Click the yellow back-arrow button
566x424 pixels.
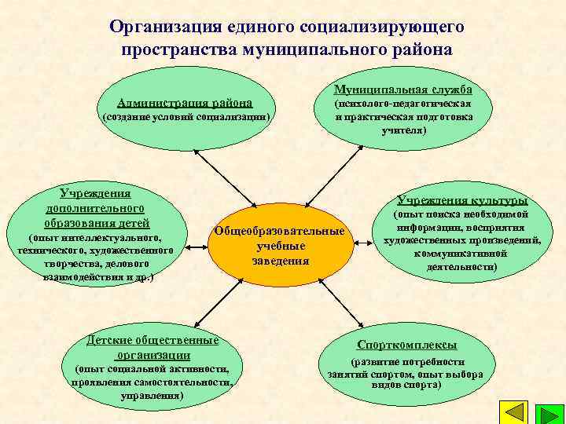pyautogui.click(x=513, y=411)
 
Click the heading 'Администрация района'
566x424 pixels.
pyautogui.click(x=185, y=102)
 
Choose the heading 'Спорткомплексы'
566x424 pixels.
pyautogui.click(x=406, y=345)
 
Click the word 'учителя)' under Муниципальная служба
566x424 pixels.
pyautogui.click(x=403, y=130)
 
